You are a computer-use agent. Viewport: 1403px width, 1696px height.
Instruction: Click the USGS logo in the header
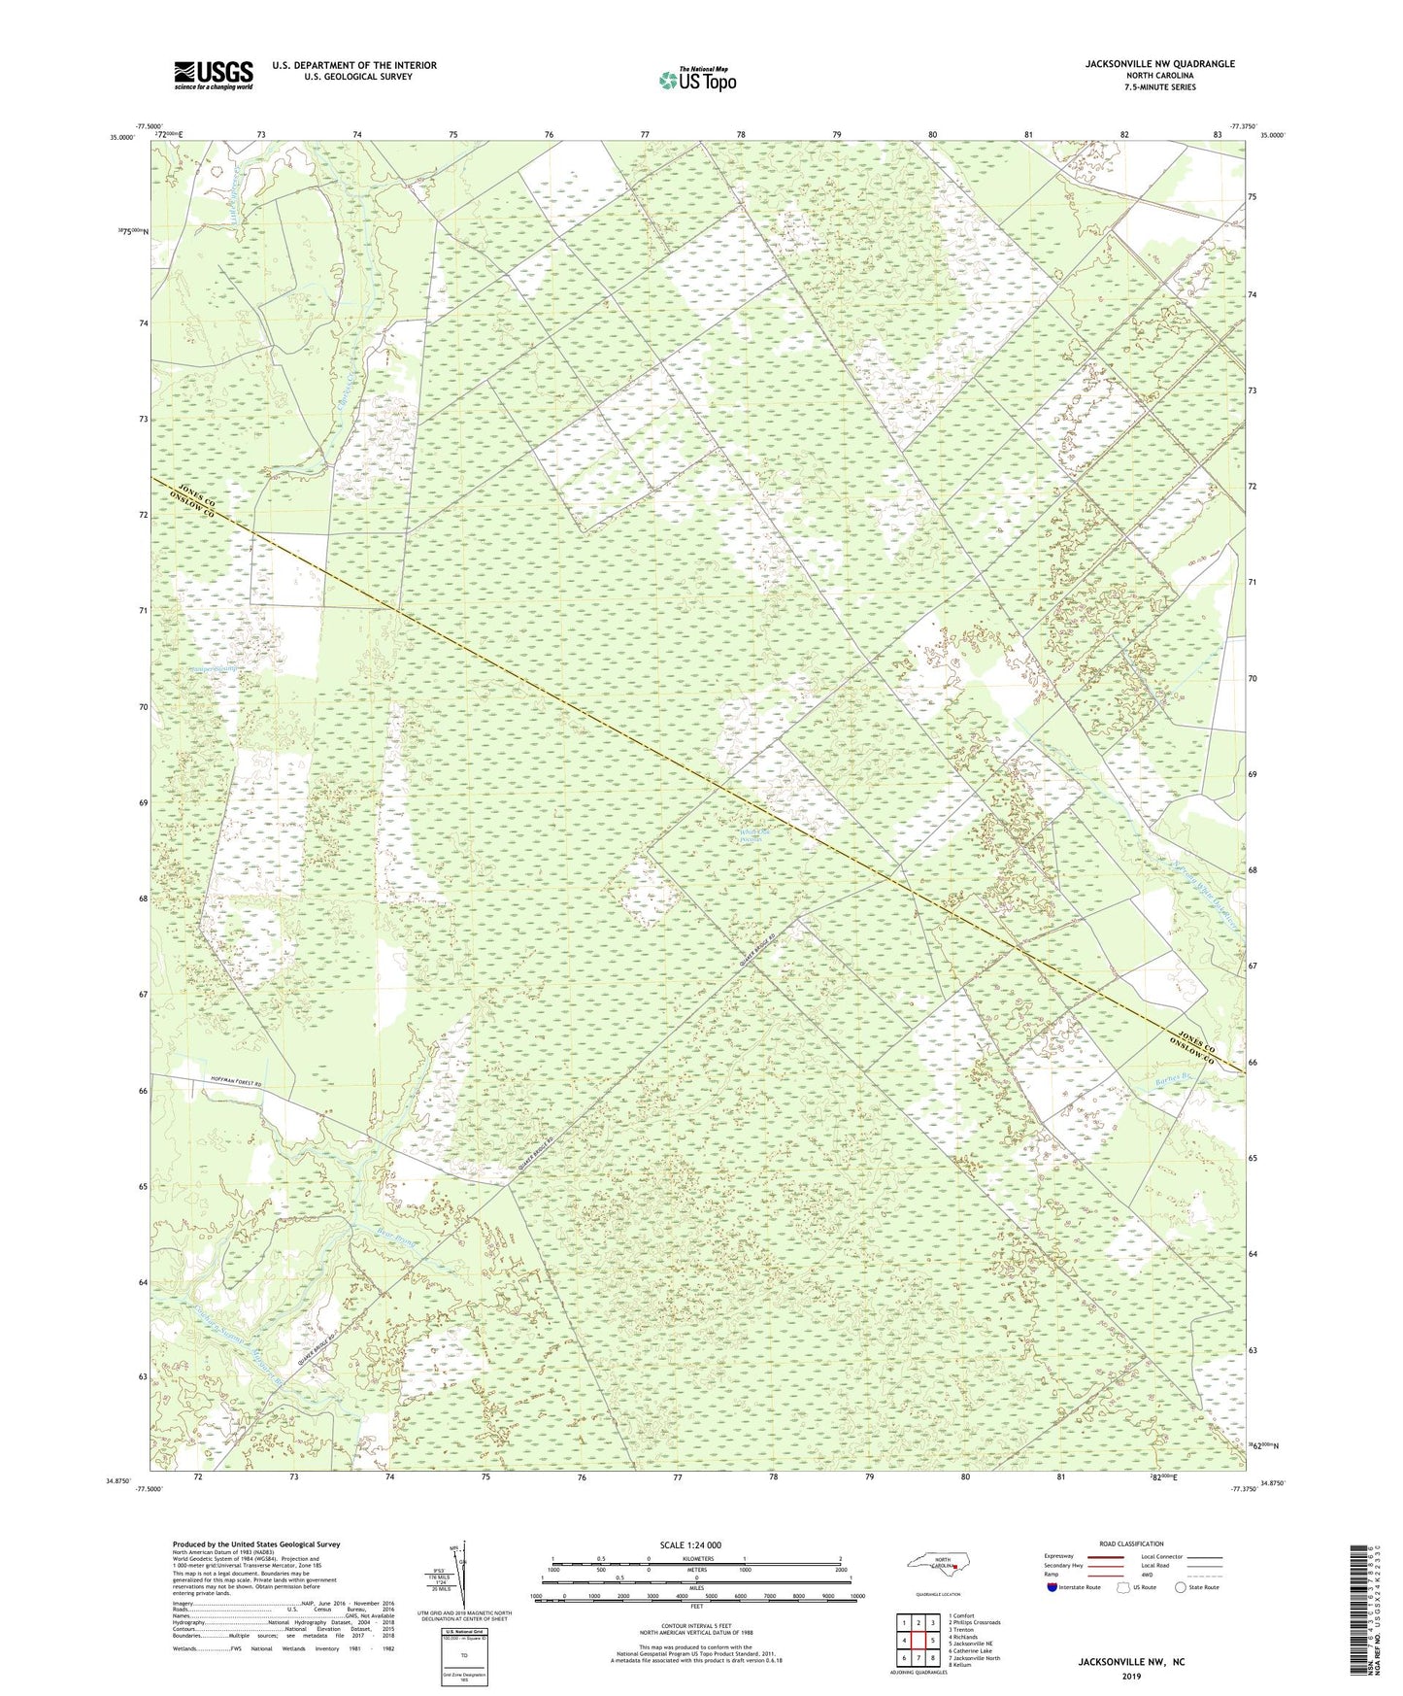[x=213, y=75]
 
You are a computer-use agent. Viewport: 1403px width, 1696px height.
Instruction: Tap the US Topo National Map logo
[x=696, y=80]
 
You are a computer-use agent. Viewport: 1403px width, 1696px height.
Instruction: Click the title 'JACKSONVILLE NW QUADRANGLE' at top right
[x=1159, y=64]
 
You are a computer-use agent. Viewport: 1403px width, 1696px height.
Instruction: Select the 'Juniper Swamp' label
[x=214, y=668]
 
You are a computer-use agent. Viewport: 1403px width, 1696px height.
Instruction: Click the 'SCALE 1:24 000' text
[x=689, y=1544]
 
